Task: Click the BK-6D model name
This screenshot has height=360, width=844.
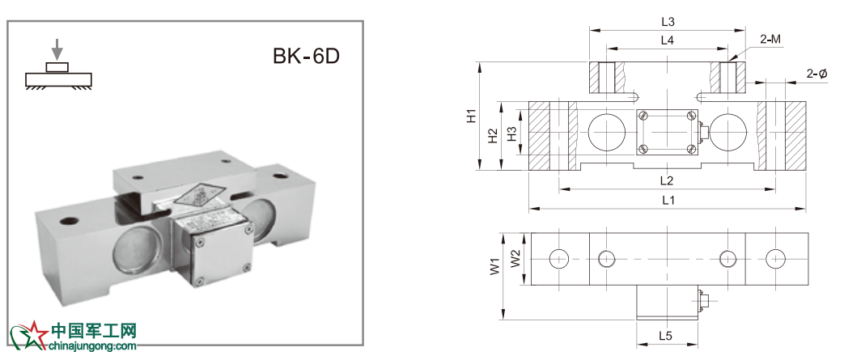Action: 306,56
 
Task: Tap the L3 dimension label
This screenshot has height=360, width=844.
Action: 668,22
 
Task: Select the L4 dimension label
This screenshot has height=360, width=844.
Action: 668,40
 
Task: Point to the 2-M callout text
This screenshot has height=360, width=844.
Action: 771,39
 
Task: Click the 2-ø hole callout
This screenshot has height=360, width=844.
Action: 817,74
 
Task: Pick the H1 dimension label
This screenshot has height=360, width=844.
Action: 472,116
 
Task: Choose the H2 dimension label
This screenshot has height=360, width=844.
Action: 493,136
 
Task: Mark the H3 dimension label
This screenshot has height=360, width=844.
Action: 512,133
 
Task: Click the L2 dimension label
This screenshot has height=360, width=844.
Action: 668,180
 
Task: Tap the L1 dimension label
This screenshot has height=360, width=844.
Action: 668,200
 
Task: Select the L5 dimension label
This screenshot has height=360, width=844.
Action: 666,336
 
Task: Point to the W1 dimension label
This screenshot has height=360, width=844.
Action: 494,267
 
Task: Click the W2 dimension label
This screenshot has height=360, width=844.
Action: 515,259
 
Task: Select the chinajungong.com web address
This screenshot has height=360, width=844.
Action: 93,346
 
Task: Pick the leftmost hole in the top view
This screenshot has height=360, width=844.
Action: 559,259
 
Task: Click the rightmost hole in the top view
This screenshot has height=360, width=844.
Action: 776,259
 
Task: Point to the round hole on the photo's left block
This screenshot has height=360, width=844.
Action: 70,220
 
